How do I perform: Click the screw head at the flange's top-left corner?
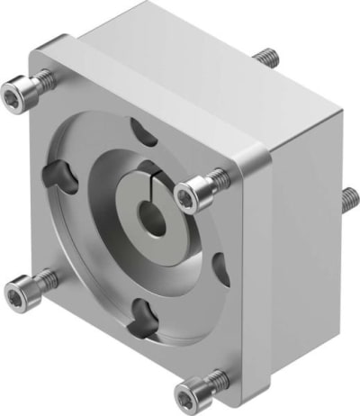(x=18, y=91)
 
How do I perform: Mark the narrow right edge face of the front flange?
(x=255, y=288)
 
